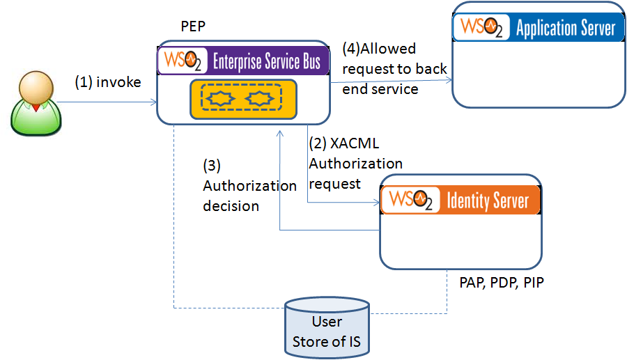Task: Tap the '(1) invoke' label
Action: pos(108,83)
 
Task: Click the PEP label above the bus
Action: pos(193,26)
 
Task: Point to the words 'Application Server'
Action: pos(566,28)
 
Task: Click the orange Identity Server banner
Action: pos(460,201)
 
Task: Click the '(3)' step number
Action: pos(212,166)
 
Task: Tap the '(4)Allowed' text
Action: pos(379,49)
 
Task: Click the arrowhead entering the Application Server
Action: pos(449,80)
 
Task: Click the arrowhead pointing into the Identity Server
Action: pos(377,203)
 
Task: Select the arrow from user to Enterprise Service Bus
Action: pos(107,103)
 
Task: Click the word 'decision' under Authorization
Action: pos(231,206)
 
